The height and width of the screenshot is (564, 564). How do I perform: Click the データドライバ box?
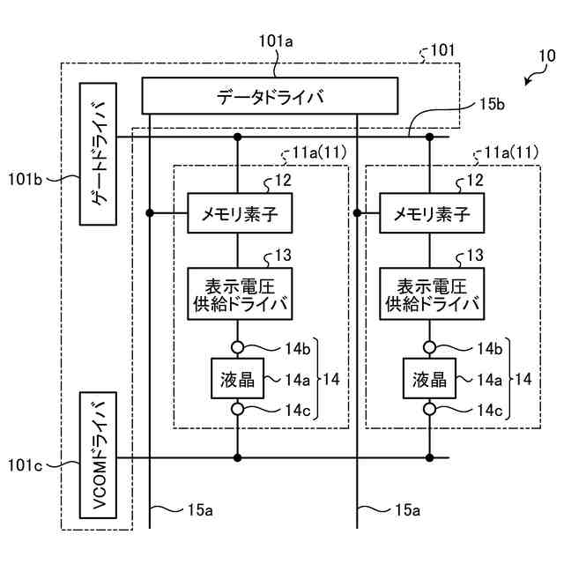(x=270, y=96)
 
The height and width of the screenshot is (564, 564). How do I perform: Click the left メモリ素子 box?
(x=239, y=213)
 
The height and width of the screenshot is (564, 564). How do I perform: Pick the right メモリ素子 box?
(x=431, y=213)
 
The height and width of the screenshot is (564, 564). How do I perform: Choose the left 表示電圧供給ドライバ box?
(x=239, y=293)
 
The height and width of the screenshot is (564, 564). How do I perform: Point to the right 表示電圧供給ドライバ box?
(x=431, y=293)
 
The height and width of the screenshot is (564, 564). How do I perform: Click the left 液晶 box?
(x=237, y=379)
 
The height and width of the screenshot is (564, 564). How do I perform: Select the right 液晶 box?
(x=430, y=379)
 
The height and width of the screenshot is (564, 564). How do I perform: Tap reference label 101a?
(x=278, y=41)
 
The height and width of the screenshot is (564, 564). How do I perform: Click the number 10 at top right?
(x=546, y=56)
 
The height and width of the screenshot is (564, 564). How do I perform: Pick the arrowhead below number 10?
(x=527, y=83)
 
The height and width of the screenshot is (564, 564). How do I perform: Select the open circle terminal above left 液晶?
(x=238, y=347)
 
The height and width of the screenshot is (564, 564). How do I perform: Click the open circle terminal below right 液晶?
(x=430, y=410)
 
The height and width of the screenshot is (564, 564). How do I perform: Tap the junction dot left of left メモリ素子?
(x=151, y=213)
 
